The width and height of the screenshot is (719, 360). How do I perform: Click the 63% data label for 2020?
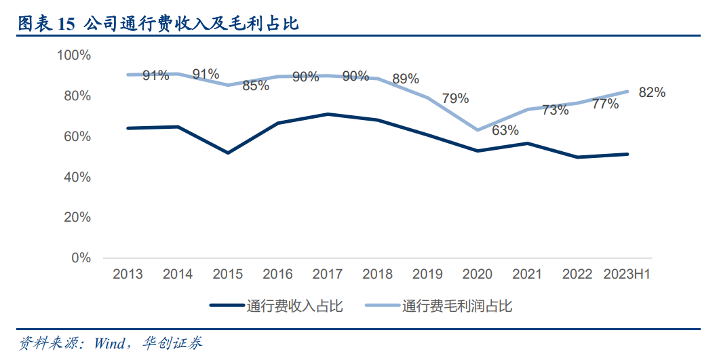pos(505,130)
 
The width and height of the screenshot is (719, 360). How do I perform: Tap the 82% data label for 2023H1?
pos(652,93)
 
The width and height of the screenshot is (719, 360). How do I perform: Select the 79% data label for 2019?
pos(455,98)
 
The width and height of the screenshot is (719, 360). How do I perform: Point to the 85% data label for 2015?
pos(256,85)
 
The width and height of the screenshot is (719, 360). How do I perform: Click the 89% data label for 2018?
pos(406,79)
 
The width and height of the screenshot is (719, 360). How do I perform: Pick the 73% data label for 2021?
pos(556,110)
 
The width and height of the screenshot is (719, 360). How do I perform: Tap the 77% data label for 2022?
pos(605,104)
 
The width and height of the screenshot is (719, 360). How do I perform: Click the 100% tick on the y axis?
pos(75,55)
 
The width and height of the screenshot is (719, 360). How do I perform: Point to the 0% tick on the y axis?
pos(81,258)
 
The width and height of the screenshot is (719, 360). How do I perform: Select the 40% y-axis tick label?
pos(77,177)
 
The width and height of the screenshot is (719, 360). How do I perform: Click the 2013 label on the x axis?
pos(128,275)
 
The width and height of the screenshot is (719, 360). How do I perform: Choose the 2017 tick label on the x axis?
pos(328,275)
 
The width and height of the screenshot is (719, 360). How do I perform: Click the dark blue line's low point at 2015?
pos(228,153)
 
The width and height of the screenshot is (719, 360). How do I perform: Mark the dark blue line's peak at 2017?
pos(328,114)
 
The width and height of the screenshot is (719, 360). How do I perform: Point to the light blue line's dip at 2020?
pos(478,129)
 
